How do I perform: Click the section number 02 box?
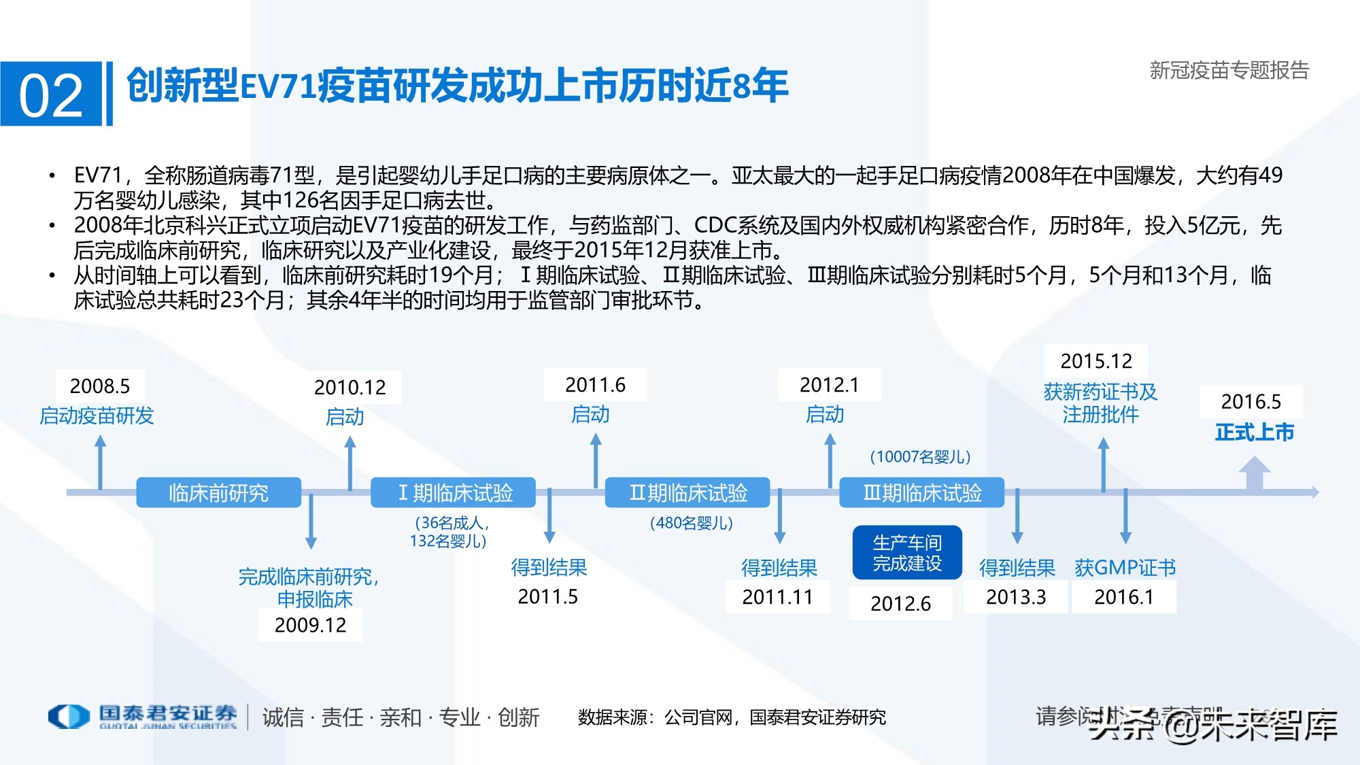[51, 94]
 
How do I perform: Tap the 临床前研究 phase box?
[218, 492]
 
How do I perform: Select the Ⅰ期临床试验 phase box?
[453, 492]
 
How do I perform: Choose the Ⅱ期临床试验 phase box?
[687, 492]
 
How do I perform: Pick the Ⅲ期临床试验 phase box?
[921, 492]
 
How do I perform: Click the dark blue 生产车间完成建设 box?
[907, 552]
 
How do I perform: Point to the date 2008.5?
[100, 386]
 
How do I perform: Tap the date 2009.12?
[310, 625]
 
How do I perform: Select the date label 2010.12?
[350, 388]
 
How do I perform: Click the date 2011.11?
[777, 597]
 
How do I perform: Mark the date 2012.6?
[900, 603]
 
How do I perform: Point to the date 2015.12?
[1096, 360]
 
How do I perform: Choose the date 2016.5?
[1251, 402]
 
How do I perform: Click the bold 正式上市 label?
[1254, 432]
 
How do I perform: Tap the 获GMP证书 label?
[1125, 568]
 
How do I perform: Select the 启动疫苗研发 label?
[97, 415]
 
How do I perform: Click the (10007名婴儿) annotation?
[920, 456]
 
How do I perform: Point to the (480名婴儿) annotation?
[691, 523]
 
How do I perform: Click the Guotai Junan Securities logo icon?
[69, 716]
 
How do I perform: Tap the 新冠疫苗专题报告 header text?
[1229, 70]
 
